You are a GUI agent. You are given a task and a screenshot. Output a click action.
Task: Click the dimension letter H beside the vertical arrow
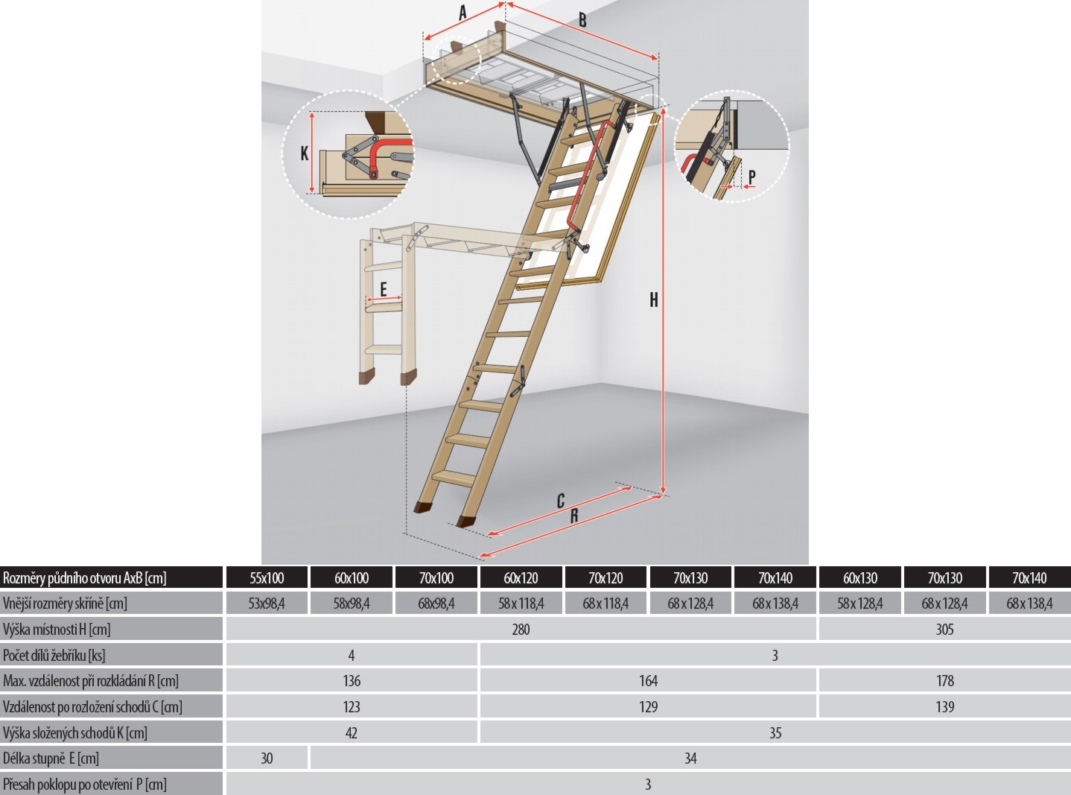pos(654,300)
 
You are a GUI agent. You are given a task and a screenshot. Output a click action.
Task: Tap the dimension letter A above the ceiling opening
pos(462,13)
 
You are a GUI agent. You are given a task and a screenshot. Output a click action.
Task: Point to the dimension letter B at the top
pos(583,20)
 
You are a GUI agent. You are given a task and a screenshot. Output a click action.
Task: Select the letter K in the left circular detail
pos(304,153)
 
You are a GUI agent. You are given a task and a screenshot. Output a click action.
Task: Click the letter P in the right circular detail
pos(751,177)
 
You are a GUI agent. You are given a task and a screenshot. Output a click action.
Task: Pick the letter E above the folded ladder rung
pos(384,290)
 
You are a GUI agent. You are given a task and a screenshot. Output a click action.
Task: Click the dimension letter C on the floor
pos(561,501)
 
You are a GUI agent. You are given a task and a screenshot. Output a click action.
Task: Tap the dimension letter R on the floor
pos(574,516)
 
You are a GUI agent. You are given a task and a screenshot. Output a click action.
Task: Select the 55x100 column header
pos(267,578)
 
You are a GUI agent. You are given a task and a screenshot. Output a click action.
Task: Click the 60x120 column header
pos(521,578)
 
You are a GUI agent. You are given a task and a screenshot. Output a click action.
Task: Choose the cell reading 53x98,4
pos(267,604)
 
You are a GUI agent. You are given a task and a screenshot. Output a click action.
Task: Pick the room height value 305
pos(944,630)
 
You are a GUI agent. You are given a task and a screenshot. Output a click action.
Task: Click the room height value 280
pos(521,630)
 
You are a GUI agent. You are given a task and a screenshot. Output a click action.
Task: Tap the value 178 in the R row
pos(945,681)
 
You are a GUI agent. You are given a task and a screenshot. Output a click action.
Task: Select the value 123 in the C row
pos(352,707)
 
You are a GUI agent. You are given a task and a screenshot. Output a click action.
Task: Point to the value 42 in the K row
pos(352,733)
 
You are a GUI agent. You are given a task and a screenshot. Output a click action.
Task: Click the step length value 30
pos(267,758)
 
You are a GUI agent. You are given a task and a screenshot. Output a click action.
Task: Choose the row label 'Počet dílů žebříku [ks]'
pos(54,656)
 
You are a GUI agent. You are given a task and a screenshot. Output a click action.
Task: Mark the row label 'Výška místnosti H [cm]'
pos(57,630)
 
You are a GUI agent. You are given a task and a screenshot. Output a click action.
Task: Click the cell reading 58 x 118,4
pos(521,604)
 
